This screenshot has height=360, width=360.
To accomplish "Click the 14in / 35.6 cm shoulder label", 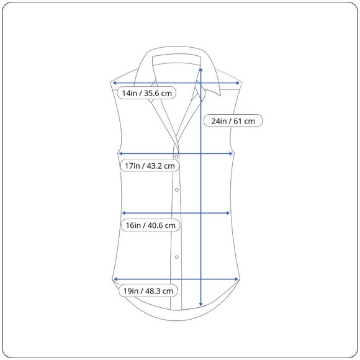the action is (146, 93).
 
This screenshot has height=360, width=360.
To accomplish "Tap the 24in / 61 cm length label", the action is (233, 121).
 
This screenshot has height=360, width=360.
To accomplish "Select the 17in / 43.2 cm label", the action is (150, 166).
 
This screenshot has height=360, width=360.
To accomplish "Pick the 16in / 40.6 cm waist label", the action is (150, 225).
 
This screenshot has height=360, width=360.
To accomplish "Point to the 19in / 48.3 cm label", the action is (148, 291).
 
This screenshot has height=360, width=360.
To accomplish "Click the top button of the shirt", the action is (176, 157).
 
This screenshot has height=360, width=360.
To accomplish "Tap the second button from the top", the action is (176, 190).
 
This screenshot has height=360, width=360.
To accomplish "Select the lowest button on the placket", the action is (176, 257).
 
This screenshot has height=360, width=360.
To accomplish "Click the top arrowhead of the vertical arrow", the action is (201, 70).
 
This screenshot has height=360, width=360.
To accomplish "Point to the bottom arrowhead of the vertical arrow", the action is (201, 304).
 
